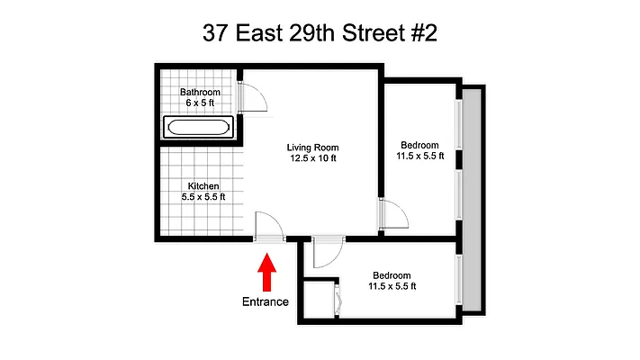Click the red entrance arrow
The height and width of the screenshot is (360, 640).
coord(266,273)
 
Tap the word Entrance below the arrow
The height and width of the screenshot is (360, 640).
coord(266,301)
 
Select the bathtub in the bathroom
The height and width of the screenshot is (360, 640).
coord(198,127)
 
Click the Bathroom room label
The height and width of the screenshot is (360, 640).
coord(200,92)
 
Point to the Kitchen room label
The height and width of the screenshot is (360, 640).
coord(203,186)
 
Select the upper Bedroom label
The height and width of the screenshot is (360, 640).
coord(419,146)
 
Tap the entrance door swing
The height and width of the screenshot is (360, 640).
coord(269,226)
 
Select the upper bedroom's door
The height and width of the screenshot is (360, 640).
coord(393,215)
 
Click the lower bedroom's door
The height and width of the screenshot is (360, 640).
coord(328,255)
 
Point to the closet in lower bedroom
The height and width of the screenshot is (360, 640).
coord(320,299)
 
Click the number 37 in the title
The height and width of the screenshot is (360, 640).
coord(214,34)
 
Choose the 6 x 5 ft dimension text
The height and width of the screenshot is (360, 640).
coord(200,103)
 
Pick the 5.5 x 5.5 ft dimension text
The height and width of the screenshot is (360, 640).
coord(203,197)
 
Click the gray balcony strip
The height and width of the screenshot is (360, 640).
coord(473,198)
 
